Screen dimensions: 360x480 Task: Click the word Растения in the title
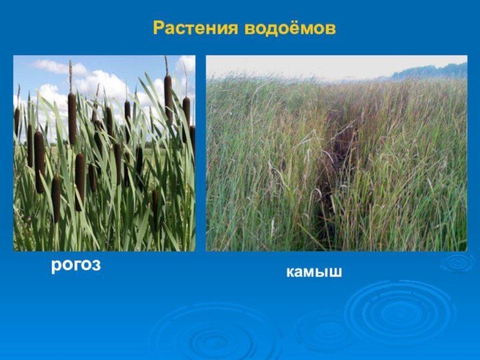[x=196, y=29]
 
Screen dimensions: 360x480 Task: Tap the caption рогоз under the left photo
[x=76, y=265]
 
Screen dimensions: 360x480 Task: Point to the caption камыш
[x=314, y=272]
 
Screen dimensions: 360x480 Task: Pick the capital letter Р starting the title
[x=158, y=29]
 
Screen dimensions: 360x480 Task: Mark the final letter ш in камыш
[x=335, y=272]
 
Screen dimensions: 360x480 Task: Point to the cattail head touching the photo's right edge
[x=192, y=137]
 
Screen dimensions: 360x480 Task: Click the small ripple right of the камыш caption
[x=458, y=262]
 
